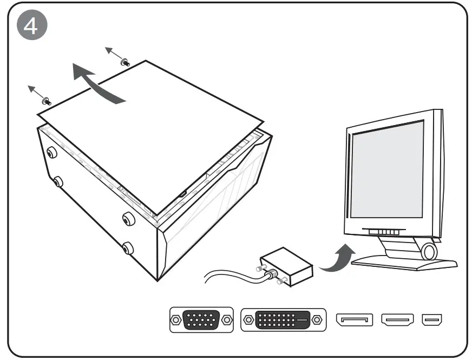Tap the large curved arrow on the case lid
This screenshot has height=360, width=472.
click(97, 83)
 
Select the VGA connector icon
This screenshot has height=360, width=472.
click(201, 320)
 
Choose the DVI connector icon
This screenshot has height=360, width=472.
click(283, 320)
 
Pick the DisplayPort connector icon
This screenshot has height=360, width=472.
click(355, 320)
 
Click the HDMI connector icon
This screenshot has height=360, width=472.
click(398, 320)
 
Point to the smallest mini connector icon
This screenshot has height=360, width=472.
click(433, 320)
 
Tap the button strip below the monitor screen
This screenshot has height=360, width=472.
click(385, 231)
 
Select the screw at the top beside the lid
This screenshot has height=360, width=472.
click(126, 62)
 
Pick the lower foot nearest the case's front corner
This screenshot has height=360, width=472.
click(128, 248)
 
